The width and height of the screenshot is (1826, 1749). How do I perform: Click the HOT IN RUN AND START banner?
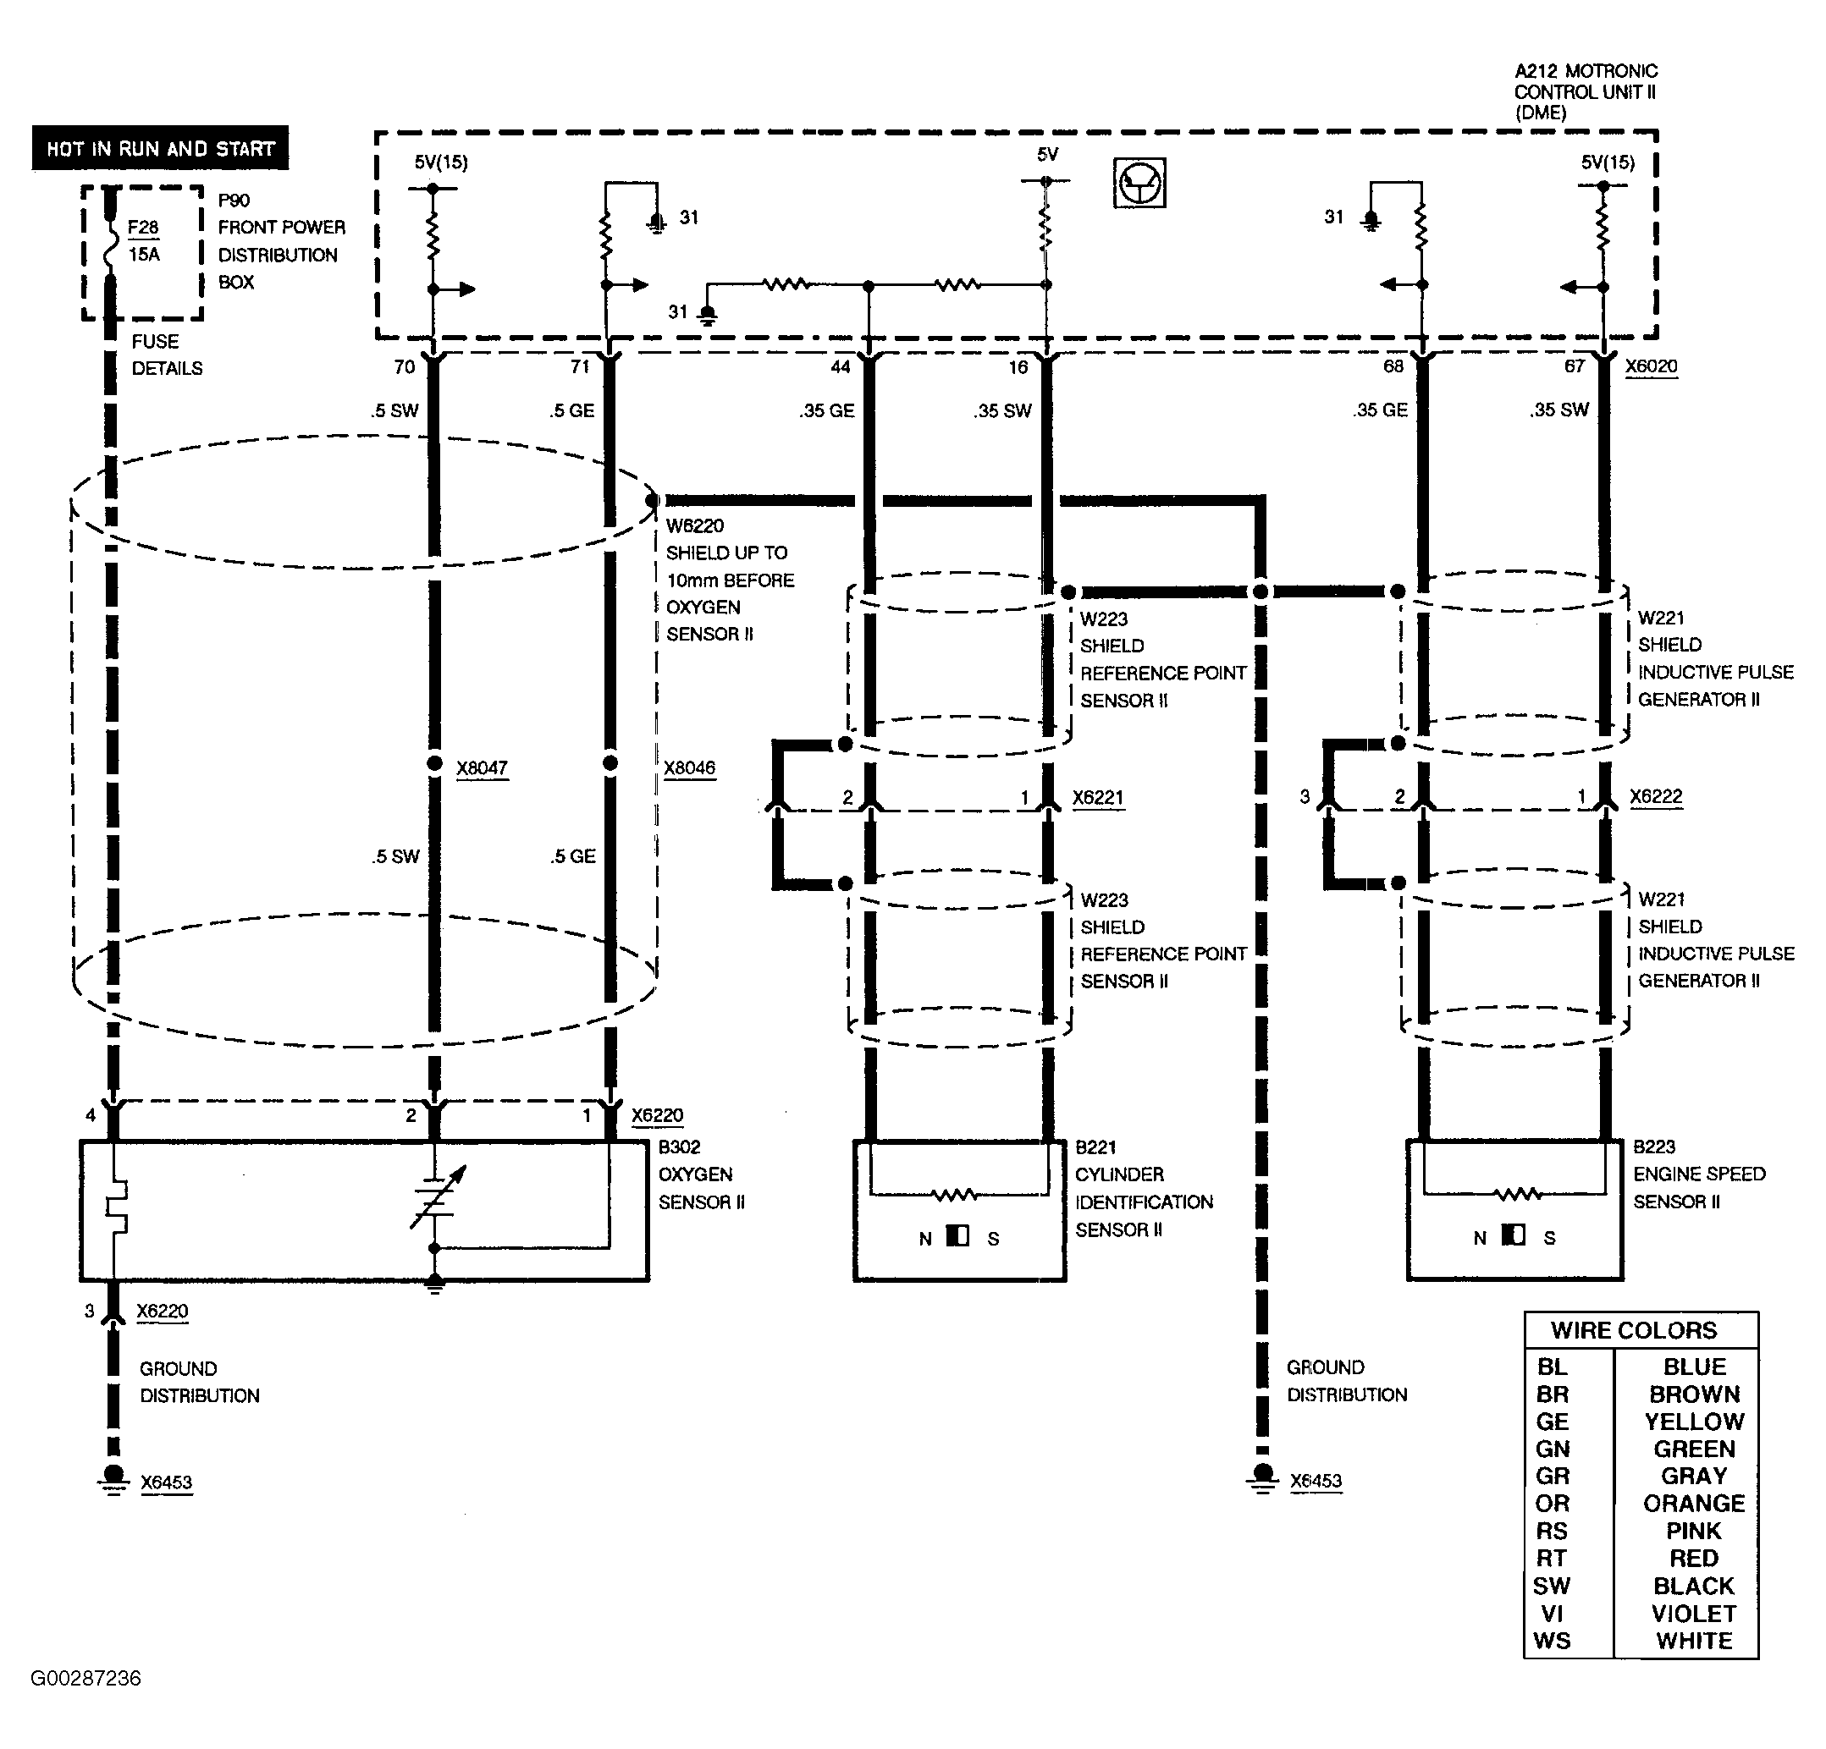[x=159, y=148]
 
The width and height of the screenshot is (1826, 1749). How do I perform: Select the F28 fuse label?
[x=142, y=228]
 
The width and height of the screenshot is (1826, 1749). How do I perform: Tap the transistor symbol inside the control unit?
[x=1139, y=183]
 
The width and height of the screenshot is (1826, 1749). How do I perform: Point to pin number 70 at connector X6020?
[x=405, y=367]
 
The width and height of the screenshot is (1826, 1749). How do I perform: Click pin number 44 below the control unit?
[x=841, y=367]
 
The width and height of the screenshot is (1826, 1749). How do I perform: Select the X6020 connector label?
[x=1651, y=366]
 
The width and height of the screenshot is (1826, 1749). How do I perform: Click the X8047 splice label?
[x=482, y=768]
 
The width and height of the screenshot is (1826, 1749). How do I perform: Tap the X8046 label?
[x=689, y=768]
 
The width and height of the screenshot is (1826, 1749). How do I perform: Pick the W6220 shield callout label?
[x=695, y=526]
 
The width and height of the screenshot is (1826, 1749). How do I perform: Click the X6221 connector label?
[x=1097, y=798]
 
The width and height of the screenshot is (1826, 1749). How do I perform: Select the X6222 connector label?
[x=1656, y=797]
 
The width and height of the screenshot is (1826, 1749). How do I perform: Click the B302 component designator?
[x=679, y=1147]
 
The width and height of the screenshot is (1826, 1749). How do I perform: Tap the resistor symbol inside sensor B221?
[x=955, y=1194]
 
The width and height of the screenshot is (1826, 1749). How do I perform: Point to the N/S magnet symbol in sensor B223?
[x=1514, y=1237]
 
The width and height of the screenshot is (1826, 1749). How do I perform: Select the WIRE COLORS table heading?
[x=1633, y=1330]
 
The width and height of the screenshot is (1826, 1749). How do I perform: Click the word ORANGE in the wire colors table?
[x=1694, y=1503]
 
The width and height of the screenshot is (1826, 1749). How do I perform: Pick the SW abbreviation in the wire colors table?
[x=1551, y=1585]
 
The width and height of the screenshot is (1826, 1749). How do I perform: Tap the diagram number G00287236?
[x=86, y=1678]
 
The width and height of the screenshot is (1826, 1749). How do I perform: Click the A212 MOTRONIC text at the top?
[x=1586, y=72]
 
